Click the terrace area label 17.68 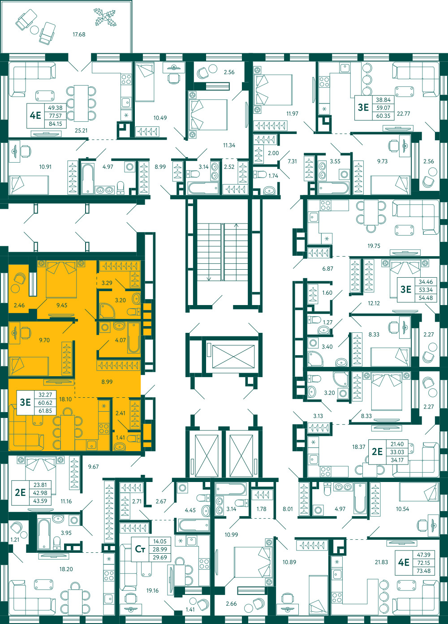(79, 34)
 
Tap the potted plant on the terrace (105, 17)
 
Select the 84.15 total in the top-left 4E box (55, 124)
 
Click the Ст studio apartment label (140, 549)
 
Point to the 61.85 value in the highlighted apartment (45, 411)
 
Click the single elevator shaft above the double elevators (233, 357)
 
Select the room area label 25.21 (81, 130)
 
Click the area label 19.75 (374, 246)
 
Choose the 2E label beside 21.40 (377, 452)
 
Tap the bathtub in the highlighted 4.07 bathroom (134, 337)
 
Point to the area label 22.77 (403, 114)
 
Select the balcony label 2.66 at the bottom (231, 604)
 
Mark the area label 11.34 (229, 145)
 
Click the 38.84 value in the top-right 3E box (383, 100)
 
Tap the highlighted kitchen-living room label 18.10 (65, 399)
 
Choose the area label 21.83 (381, 562)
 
